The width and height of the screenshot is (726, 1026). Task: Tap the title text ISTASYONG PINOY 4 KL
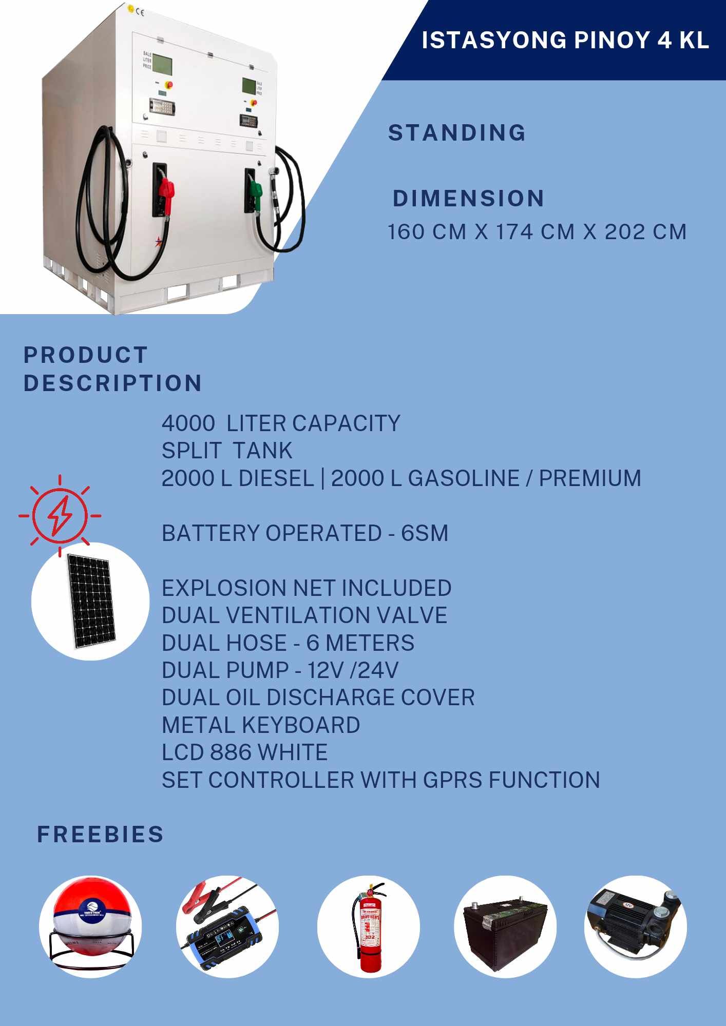565,40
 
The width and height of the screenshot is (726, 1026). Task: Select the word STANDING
457,133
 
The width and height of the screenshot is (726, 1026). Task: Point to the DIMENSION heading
468,199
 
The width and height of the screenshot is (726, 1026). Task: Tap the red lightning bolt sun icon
60,515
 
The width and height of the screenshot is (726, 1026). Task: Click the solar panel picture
91,601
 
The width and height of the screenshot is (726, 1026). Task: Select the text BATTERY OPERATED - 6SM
305,533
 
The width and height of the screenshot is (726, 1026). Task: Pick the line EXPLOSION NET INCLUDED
307,588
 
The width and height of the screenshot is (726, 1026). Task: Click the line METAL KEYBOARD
261,725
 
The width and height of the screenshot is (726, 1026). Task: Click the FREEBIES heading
100,835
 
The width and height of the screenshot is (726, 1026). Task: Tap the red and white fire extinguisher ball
90,926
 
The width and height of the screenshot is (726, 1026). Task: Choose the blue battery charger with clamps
227,927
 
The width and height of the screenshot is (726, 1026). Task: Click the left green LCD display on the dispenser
163,64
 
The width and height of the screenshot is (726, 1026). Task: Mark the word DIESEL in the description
276,478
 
